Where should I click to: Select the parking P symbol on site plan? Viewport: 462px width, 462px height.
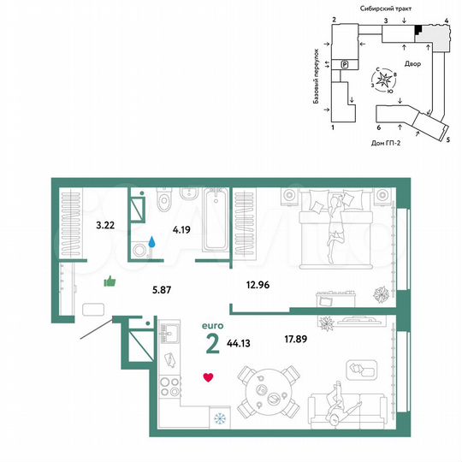pos(345,64)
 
